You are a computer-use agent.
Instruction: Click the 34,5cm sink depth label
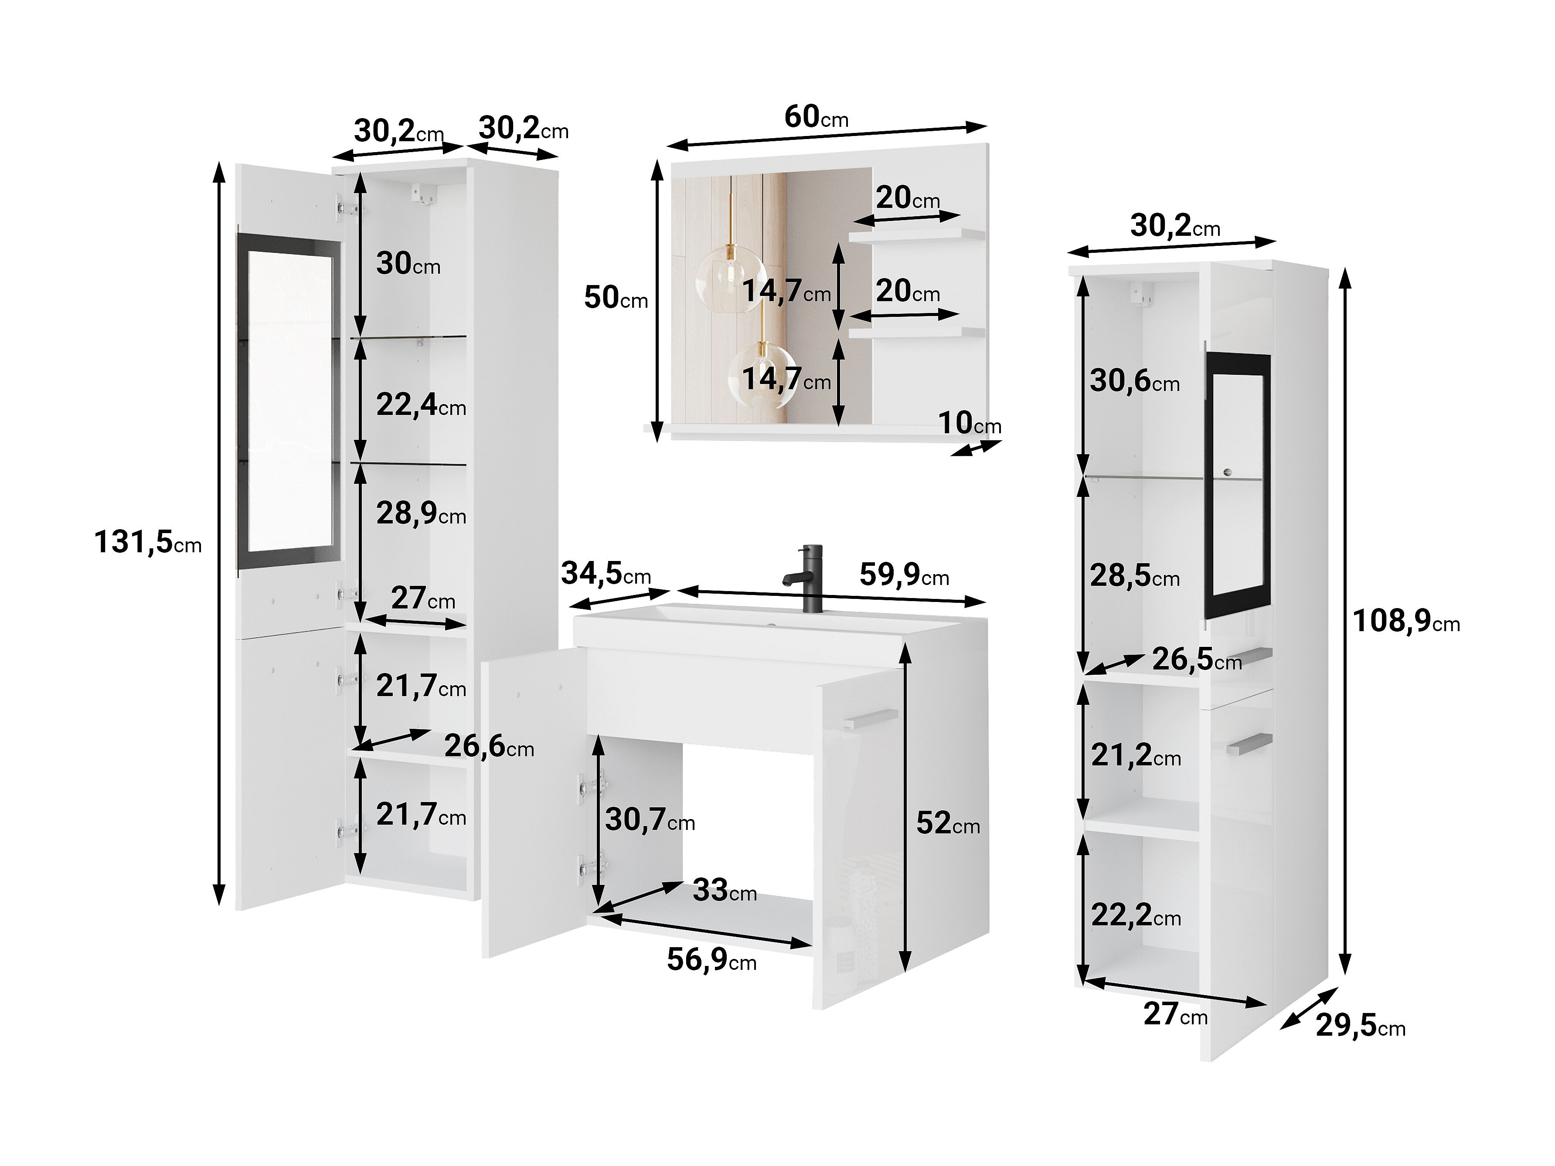click(x=606, y=574)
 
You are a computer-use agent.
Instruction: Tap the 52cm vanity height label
click(x=948, y=823)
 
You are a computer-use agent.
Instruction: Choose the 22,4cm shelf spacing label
click(x=420, y=405)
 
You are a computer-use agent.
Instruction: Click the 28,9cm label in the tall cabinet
click(x=420, y=514)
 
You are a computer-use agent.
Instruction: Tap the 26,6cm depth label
click(x=489, y=746)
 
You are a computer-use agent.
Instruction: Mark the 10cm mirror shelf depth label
click(x=970, y=423)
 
